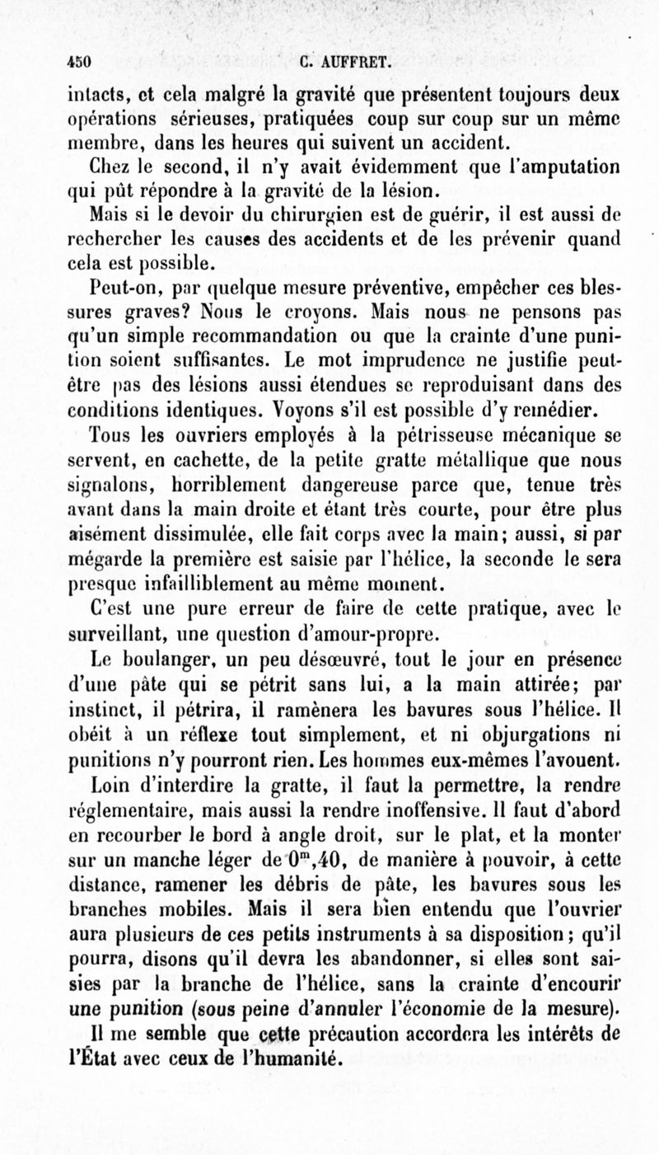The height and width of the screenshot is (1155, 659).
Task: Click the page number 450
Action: coord(79,59)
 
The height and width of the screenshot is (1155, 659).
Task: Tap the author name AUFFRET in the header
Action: coord(355,59)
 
